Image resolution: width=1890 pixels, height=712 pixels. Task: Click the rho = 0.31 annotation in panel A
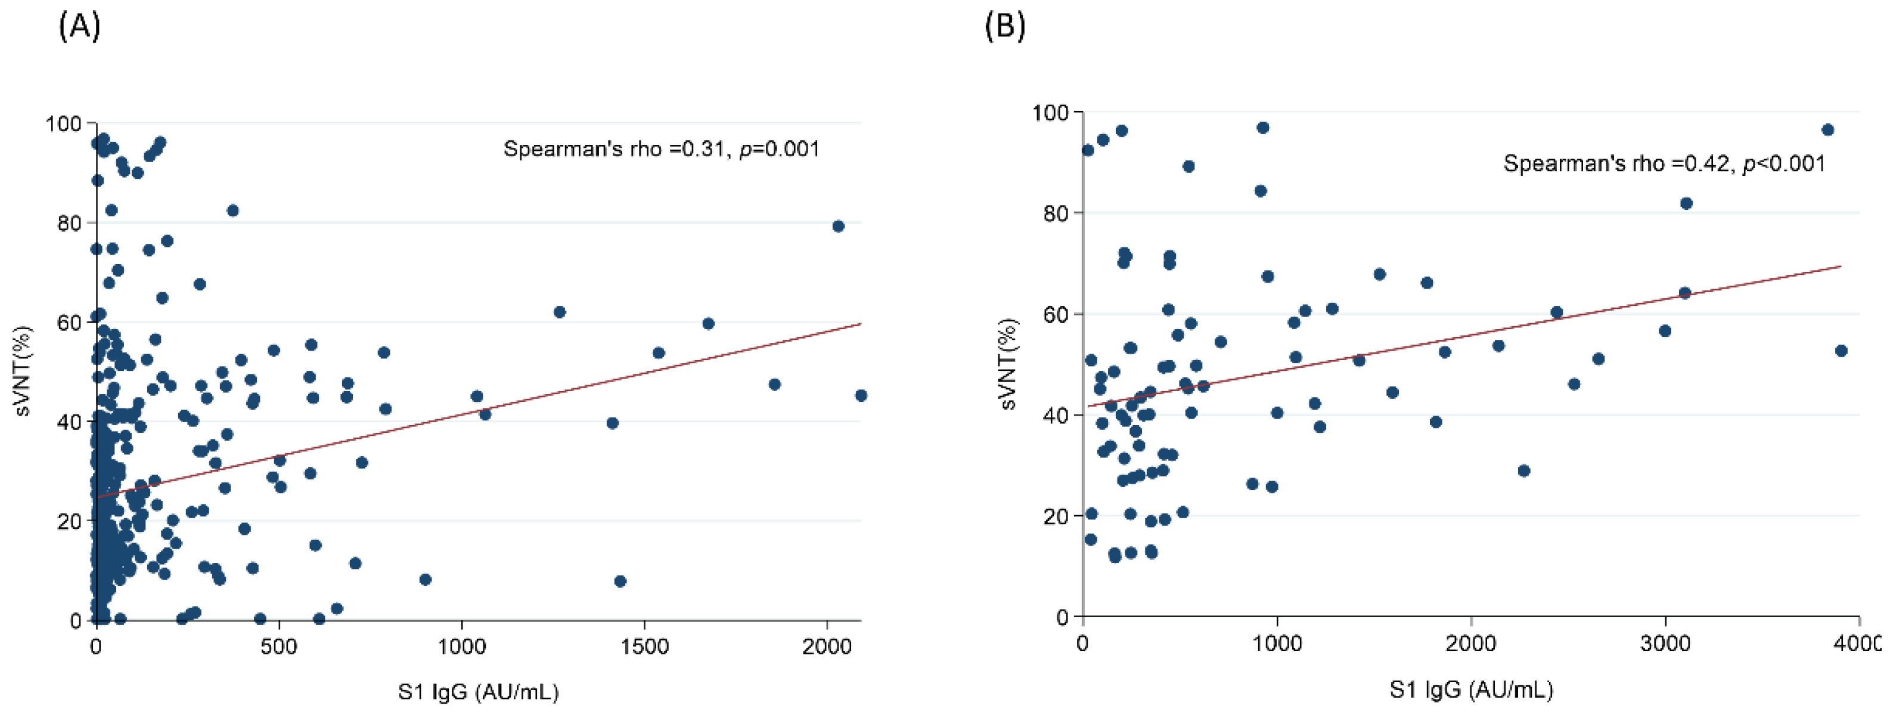tap(660, 149)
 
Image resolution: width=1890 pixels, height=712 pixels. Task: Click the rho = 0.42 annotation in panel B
tap(1664, 163)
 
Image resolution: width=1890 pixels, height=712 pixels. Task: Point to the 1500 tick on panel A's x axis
tap(644, 646)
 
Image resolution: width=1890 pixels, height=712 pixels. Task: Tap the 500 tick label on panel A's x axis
tap(279, 646)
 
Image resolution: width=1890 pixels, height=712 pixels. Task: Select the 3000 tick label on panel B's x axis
tap(1665, 644)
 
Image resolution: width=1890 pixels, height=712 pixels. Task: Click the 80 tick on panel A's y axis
tap(69, 222)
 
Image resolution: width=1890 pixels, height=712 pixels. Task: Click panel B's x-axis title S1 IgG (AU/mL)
tap(1471, 689)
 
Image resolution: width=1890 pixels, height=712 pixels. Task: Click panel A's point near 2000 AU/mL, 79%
tap(838, 226)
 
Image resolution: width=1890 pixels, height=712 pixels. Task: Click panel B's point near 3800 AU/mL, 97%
tap(1827, 130)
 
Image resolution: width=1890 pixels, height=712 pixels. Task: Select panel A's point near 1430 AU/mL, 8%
tap(620, 581)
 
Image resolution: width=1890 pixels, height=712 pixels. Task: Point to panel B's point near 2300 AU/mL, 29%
tap(1524, 470)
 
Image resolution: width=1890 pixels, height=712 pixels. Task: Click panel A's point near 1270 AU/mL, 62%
tap(560, 312)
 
